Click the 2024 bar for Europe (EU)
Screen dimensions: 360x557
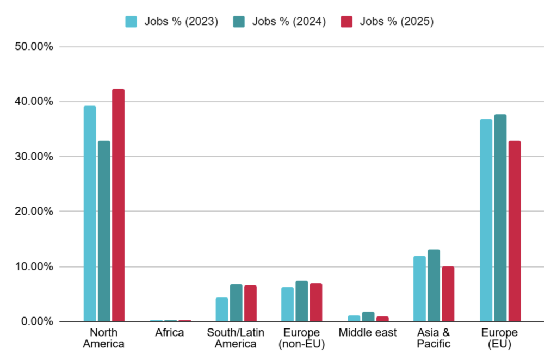[x=500, y=218]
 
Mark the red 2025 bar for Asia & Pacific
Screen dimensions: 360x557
[x=448, y=294]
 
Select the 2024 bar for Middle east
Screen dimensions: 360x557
[x=368, y=316]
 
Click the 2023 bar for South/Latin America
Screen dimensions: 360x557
[x=222, y=309]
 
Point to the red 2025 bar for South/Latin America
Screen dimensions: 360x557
[x=250, y=303]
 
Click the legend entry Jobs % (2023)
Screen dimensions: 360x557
[x=172, y=22]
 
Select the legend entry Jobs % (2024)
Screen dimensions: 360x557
[x=280, y=22]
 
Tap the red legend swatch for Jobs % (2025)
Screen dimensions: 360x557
[x=347, y=22]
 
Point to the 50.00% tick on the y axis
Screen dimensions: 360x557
[x=33, y=47]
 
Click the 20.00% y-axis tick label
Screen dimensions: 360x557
[x=33, y=212]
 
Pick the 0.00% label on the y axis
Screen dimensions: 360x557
[x=36, y=321]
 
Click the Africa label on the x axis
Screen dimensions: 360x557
[x=170, y=333]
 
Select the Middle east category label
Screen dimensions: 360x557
[x=368, y=333]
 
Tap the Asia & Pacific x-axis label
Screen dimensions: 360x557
[x=434, y=338]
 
